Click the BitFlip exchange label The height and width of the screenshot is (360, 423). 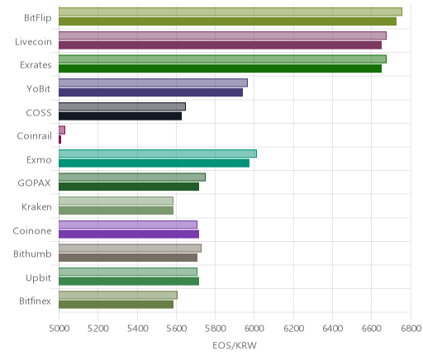tap(38, 18)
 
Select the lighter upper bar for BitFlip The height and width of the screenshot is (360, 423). tap(231, 12)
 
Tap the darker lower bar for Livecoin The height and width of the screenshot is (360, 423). tap(220, 45)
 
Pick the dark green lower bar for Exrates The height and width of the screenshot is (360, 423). tap(220, 69)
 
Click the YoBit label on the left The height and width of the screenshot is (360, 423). tap(38, 89)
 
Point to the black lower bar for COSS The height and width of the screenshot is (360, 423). tap(120, 116)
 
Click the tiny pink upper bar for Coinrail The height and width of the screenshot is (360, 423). tap(62, 130)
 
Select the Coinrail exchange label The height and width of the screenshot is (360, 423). tap(34, 136)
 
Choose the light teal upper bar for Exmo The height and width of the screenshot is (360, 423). tap(158, 154)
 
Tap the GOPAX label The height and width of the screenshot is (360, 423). tap(34, 183)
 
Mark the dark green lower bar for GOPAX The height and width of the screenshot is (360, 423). tap(129, 187)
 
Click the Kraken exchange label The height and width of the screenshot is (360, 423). tap(36, 207)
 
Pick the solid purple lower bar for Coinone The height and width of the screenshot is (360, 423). tap(129, 234)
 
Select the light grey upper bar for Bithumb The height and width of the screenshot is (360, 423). tap(130, 248)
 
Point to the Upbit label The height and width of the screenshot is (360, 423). tap(38, 278)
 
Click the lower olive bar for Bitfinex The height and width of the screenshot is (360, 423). tap(116, 305)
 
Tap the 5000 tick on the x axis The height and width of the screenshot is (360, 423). tap(59, 329)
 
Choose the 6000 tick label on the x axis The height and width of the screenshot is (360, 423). tap(254, 329)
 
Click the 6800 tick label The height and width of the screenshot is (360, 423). tap(411, 329)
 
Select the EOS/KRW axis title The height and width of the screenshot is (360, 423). tap(235, 346)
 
